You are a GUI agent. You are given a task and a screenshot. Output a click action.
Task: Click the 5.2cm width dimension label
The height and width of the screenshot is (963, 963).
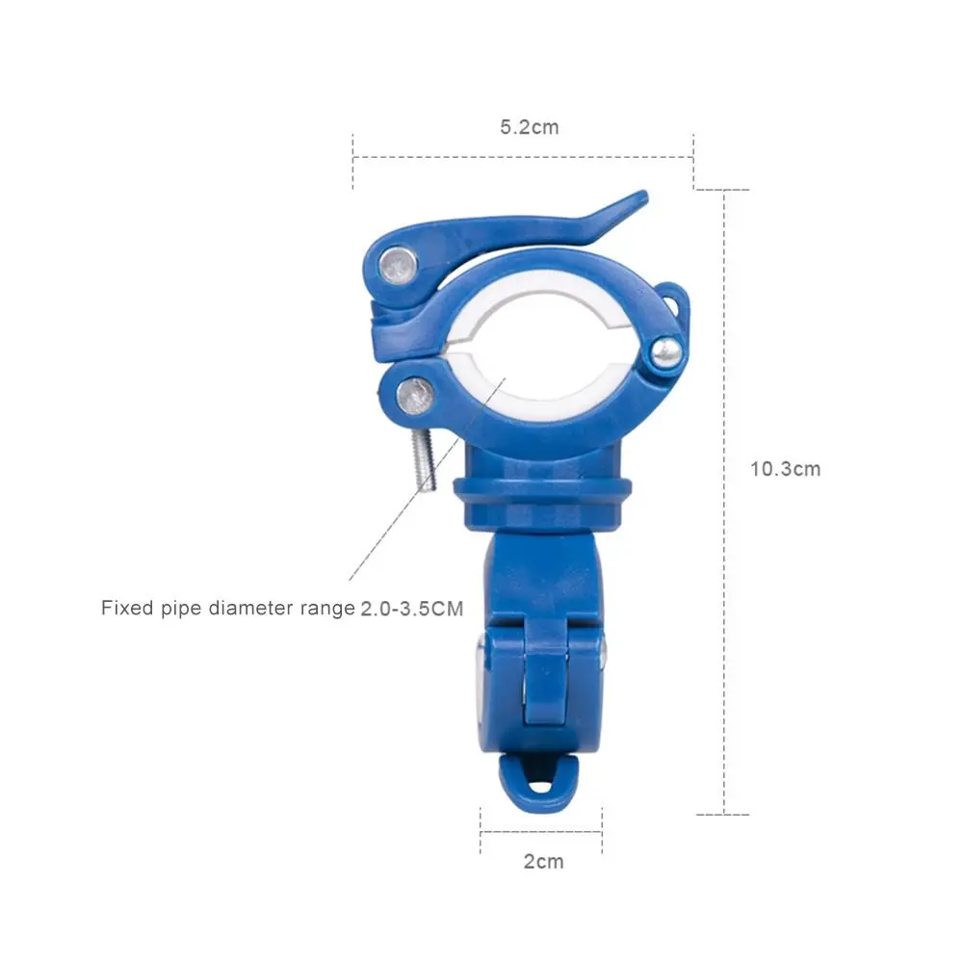point(530,127)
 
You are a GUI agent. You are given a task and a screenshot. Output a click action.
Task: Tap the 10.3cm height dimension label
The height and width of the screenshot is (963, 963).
point(785,469)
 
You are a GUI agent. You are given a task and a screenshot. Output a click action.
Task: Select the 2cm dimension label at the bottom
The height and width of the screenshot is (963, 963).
point(543,862)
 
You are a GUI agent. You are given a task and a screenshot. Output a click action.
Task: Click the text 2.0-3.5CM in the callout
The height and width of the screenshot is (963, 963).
point(411,609)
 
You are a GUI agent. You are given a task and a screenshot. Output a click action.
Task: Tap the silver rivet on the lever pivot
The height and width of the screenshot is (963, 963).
point(399,266)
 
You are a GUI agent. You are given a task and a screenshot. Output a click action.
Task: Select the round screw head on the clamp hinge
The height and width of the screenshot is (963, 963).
point(666,352)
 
